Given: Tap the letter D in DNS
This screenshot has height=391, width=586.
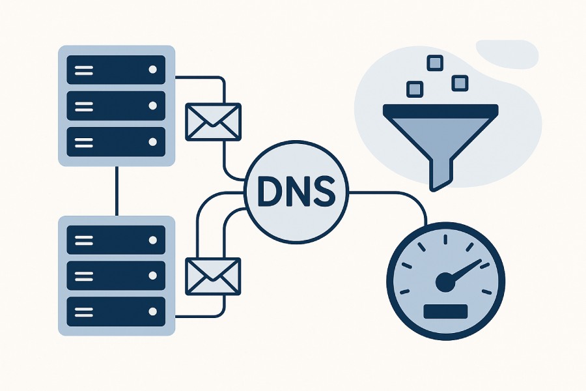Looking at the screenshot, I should (x=266, y=190).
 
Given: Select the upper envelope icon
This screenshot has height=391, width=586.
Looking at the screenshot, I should (x=213, y=122).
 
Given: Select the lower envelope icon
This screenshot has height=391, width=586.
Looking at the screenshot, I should (x=213, y=276).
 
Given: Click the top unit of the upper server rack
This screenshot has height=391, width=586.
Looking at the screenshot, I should (x=117, y=68).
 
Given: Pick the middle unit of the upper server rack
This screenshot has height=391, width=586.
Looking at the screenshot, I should (x=117, y=104).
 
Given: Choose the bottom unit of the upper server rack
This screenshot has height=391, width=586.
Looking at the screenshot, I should (x=117, y=140).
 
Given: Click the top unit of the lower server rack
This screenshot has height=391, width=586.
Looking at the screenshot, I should (x=117, y=240).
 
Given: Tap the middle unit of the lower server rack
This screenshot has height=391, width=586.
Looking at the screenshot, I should (x=117, y=276).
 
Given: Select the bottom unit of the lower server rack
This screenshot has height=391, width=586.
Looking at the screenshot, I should (x=117, y=311).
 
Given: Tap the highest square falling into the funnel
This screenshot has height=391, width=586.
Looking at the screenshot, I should (x=434, y=63).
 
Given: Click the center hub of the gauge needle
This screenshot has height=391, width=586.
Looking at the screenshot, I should (x=445, y=282).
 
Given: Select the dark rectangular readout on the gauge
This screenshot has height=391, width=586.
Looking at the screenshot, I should (x=445, y=311).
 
